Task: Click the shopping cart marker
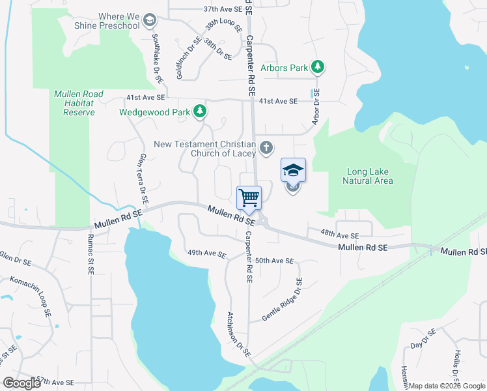pyautogui.click(x=249, y=197)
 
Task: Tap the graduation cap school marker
pyautogui.click(x=293, y=170)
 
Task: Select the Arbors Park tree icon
pyautogui.click(x=318, y=66)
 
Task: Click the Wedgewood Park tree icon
pyautogui.click(x=200, y=112)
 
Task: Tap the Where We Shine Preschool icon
pyautogui.click(x=150, y=20)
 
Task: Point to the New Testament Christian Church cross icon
pyautogui.click(x=265, y=148)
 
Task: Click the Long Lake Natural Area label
pyautogui.click(x=369, y=176)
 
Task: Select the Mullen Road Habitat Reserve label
pyautogui.click(x=79, y=103)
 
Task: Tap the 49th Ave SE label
pyautogui.click(x=206, y=253)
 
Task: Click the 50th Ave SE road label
pyautogui.click(x=275, y=261)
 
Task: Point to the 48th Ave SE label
pyautogui.click(x=339, y=235)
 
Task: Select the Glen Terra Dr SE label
pyautogui.click(x=141, y=180)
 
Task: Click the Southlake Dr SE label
pyautogui.click(x=156, y=59)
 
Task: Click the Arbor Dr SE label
pyautogui.click(x=316, y=108)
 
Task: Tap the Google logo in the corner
pyautogui.click(x=21, y=383)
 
